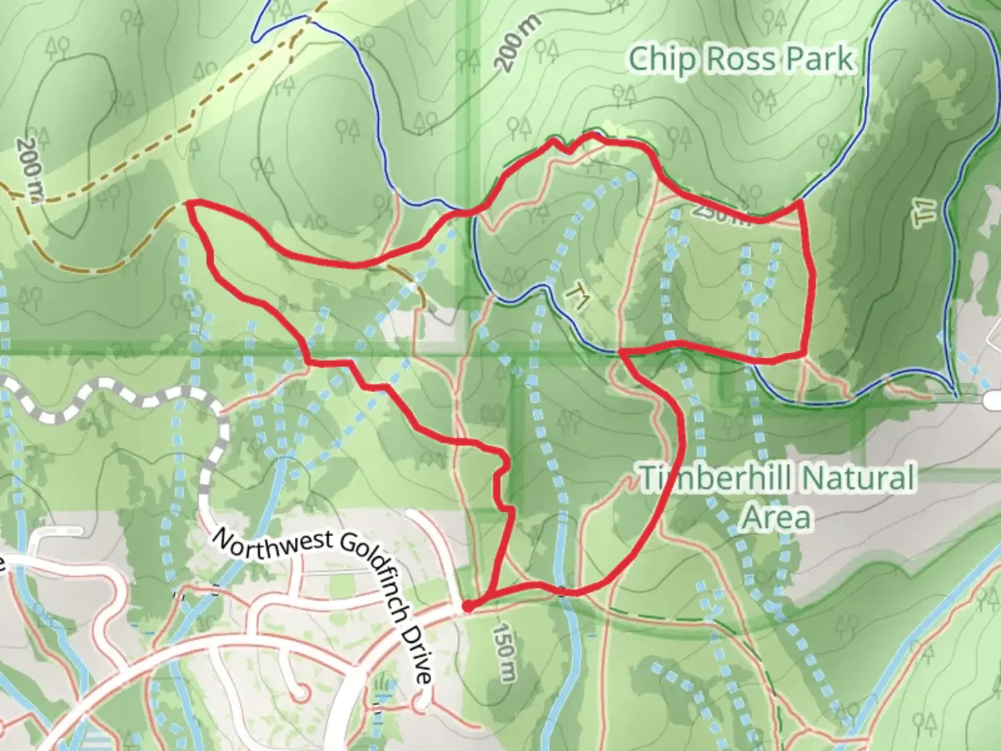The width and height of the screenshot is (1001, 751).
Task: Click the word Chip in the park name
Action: coord(661,60)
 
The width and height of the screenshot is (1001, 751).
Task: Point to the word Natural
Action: coord(856,479)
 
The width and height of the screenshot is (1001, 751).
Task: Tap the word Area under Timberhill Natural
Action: coord(776,518)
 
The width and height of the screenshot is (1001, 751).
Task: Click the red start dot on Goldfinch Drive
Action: coord(468,606)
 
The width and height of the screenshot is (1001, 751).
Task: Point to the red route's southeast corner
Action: coord(804,353)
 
